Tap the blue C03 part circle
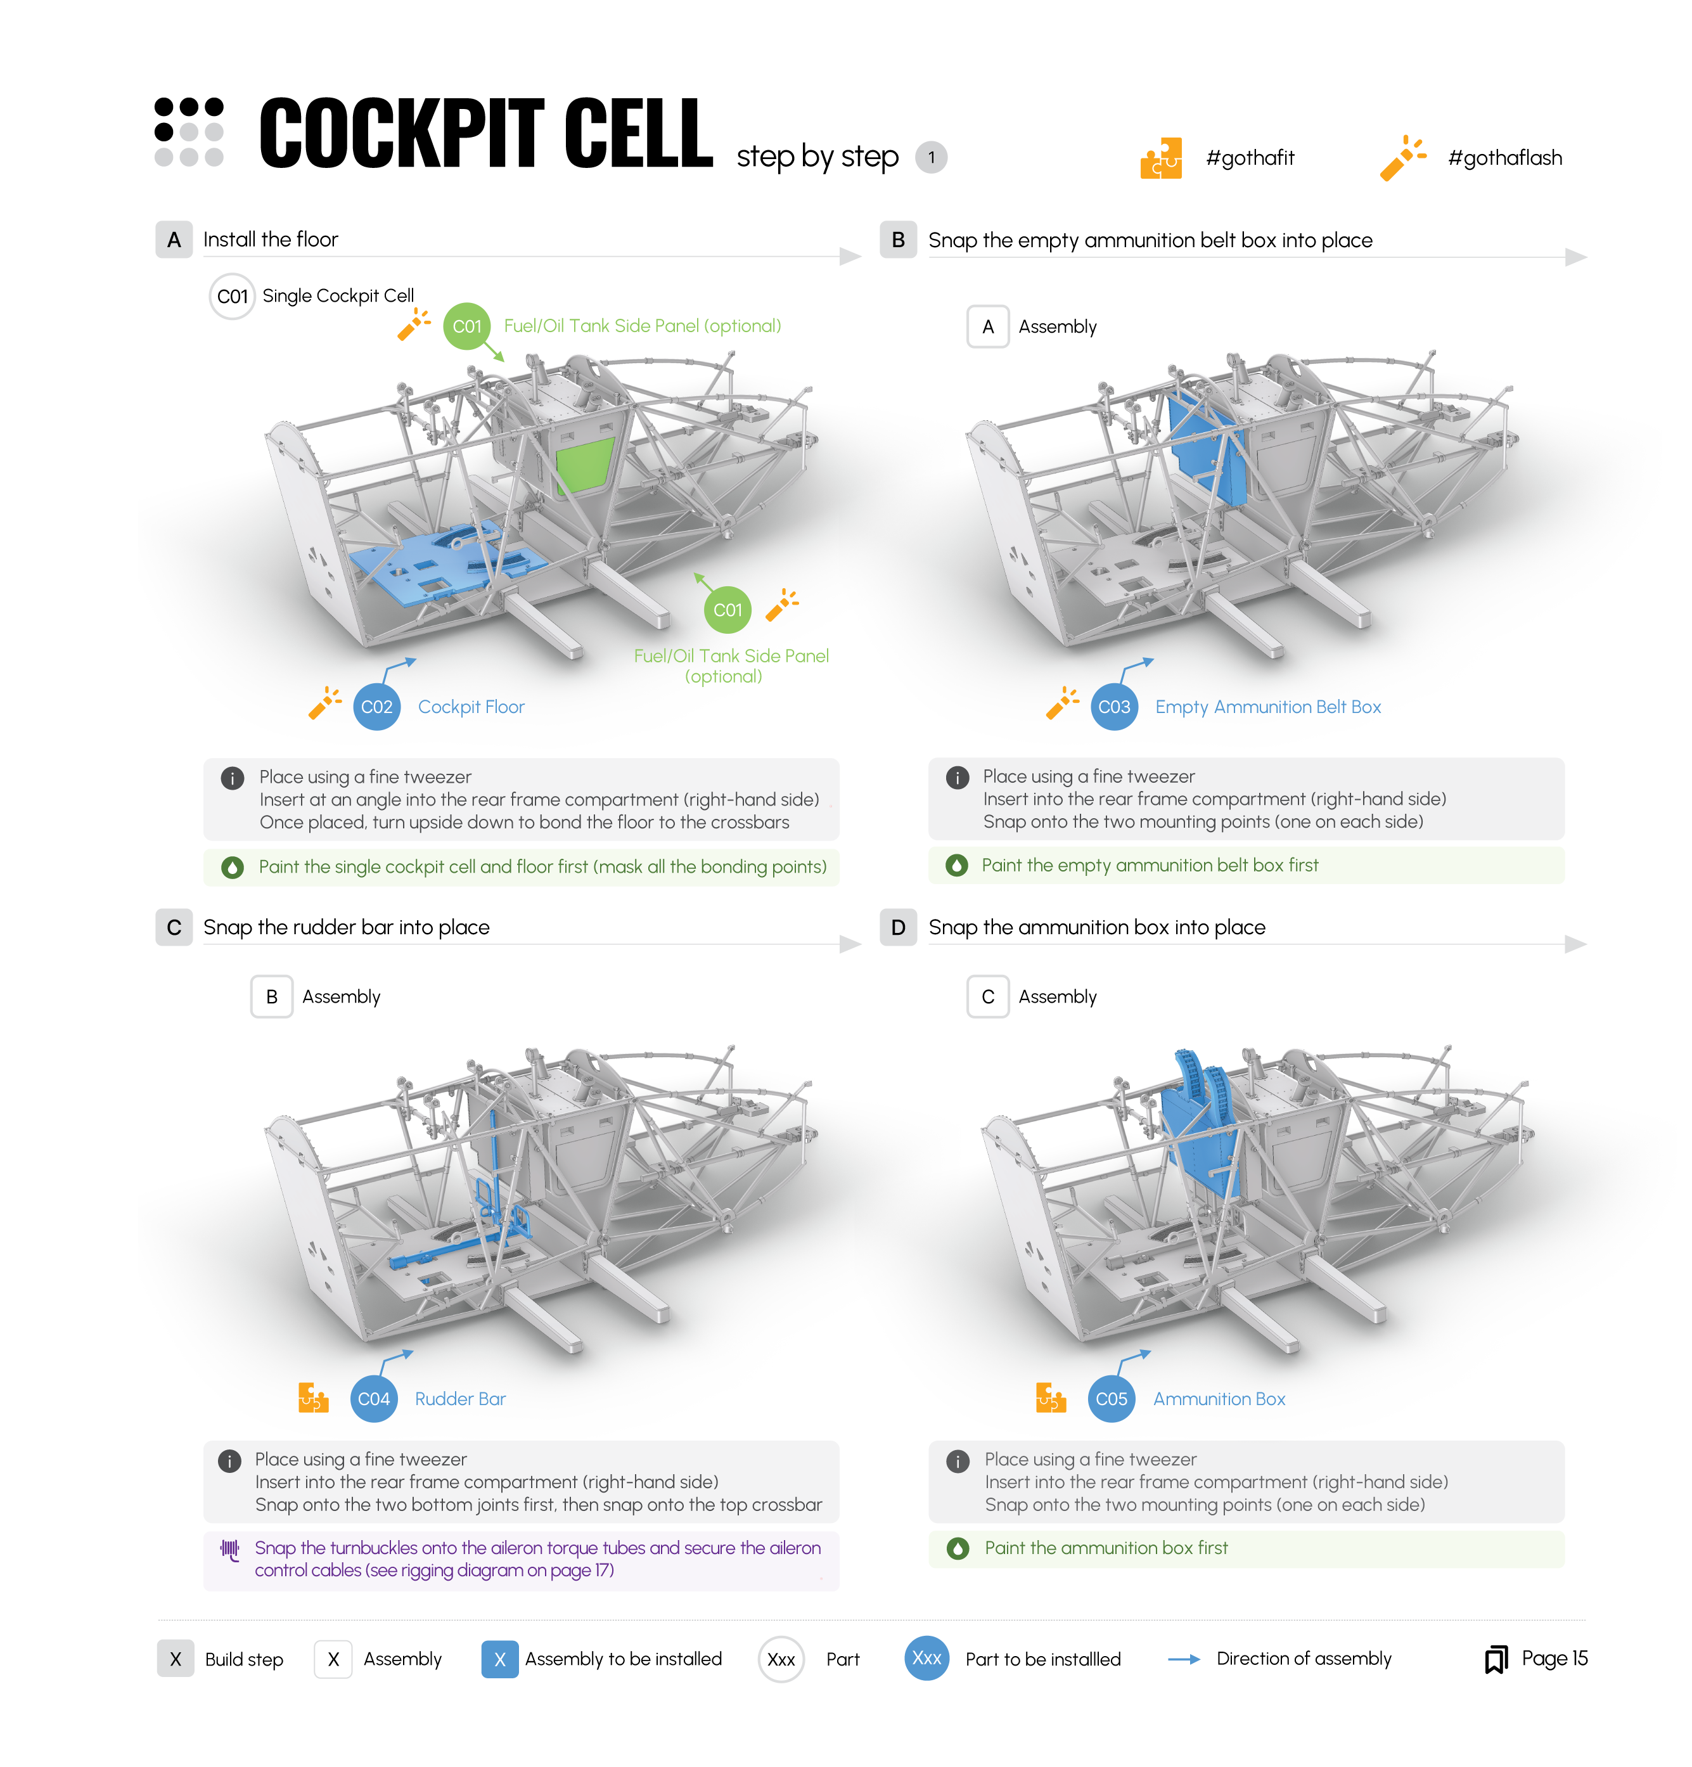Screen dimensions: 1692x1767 (1113, 707)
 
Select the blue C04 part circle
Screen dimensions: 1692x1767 (373, 1398)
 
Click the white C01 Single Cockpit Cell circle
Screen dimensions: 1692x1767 (232, 296)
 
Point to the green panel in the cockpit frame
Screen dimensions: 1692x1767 (584, 465)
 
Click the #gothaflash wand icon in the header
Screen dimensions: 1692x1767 (1402, 158)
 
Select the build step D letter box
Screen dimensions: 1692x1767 (898, 927)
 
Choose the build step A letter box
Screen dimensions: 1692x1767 (174, 239)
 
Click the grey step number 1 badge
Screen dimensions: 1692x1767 (930, 158)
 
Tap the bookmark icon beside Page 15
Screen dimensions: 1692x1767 (1496, 1659)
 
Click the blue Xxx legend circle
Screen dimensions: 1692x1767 (926, 1658)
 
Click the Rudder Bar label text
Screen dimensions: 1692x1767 (459, 1398)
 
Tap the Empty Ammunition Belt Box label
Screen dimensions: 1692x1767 (1267, 707)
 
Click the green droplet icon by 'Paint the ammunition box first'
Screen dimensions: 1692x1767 (958, 1548)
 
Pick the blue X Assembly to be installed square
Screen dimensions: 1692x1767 (499, 1659)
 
